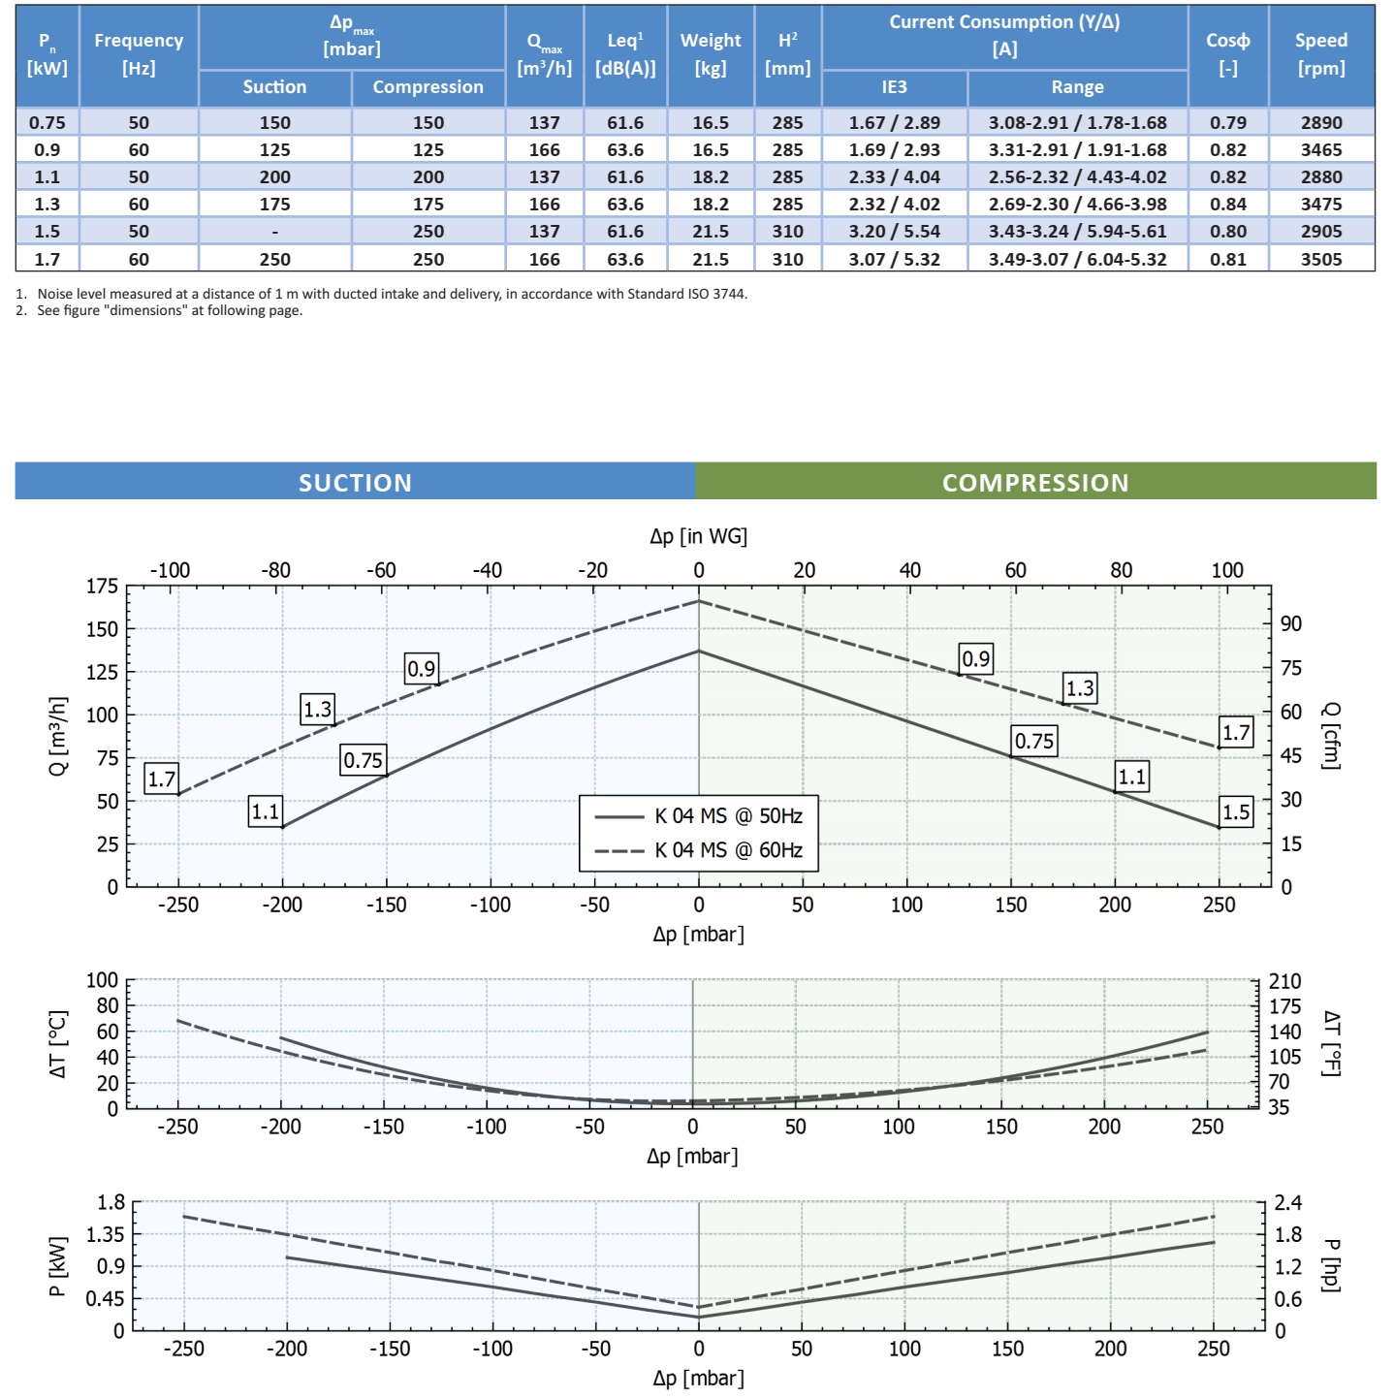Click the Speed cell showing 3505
click(x=1321, y=259)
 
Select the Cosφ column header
click(x=1227, y=53)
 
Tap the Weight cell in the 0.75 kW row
click(x=710, y=122)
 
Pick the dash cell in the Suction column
click(x=275, y=232)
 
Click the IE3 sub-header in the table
click(x=894, y=87)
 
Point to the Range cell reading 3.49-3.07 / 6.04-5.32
click(x=1077, y=259)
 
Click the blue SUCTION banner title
click(x=355, y=483)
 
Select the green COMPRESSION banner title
click(x=1035, y=483)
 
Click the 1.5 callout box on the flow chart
click(x=1236, y=811)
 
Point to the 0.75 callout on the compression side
click(x=1033, y=742)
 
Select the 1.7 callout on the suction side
click(x=162, y=779)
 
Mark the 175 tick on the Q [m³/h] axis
click(x=102, y=586)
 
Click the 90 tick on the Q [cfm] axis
click(x=1290, y=623)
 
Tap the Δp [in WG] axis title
click(x=698, y=536)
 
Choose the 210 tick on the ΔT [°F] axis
click(x=1284, y=981)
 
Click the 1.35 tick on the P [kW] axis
click(x=105, y=1234)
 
